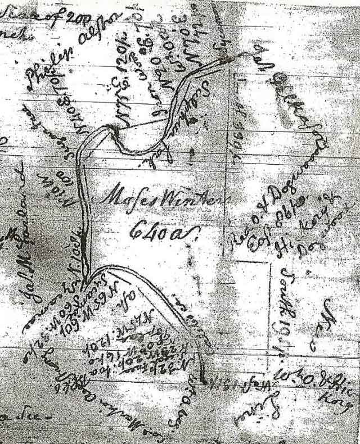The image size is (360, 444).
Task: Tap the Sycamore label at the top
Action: point(222,25)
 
